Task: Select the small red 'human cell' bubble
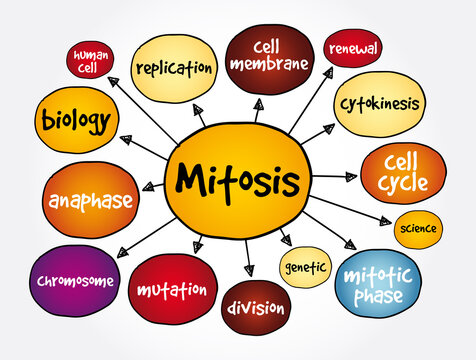88,61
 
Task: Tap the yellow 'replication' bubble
174,69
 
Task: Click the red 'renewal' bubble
351,47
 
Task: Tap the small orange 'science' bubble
417,229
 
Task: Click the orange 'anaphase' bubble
89,201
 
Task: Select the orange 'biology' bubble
75,122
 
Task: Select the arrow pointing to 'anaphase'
153,187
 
